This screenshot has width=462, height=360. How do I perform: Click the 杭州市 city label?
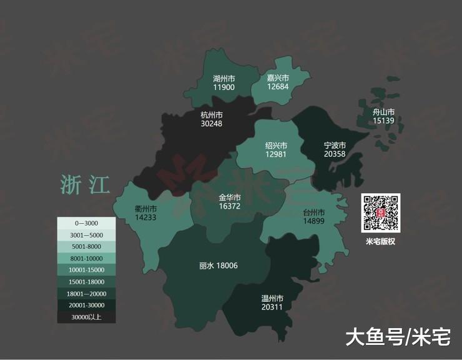pyautogui.click(x=212, y=115)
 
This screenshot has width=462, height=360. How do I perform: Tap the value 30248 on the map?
pyautogui.click(x=212, y=124)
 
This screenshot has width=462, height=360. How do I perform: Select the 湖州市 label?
pyautogui.click(x=224, y=79)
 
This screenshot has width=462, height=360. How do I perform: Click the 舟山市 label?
pyautogui.click(x=383, y=112)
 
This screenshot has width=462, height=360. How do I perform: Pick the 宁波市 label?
pyautogui.click(x=334, y=145)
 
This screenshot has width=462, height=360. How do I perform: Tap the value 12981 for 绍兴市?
pyautogui.click(x=275, y=154)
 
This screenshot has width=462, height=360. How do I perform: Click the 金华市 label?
pyautogui.click(x=230, y=197)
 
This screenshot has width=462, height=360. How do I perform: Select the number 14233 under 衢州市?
pyautogui.click(x=145, y=217)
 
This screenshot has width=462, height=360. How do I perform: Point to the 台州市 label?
pyautogui.click(x=315, y=212)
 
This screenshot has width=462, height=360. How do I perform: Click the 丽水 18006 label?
pyautogui.click(x=219, y=266)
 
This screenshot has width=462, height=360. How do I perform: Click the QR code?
pyautogui.click(x=381, y=213)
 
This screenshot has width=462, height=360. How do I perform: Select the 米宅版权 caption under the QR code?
pyautogui.click(x=381, y=241)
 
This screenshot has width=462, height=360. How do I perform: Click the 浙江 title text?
pyautogui.click(x=85, y=185)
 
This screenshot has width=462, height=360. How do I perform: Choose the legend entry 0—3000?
pyautogui.click(x=86, y=223)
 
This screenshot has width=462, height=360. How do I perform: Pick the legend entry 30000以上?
pyautogui.click(x=86, y=317)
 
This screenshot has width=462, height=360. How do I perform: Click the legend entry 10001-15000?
pyautogui.click(x=86, y=270)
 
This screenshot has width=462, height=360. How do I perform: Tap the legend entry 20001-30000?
pyautogui.click(x=86, y=306)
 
